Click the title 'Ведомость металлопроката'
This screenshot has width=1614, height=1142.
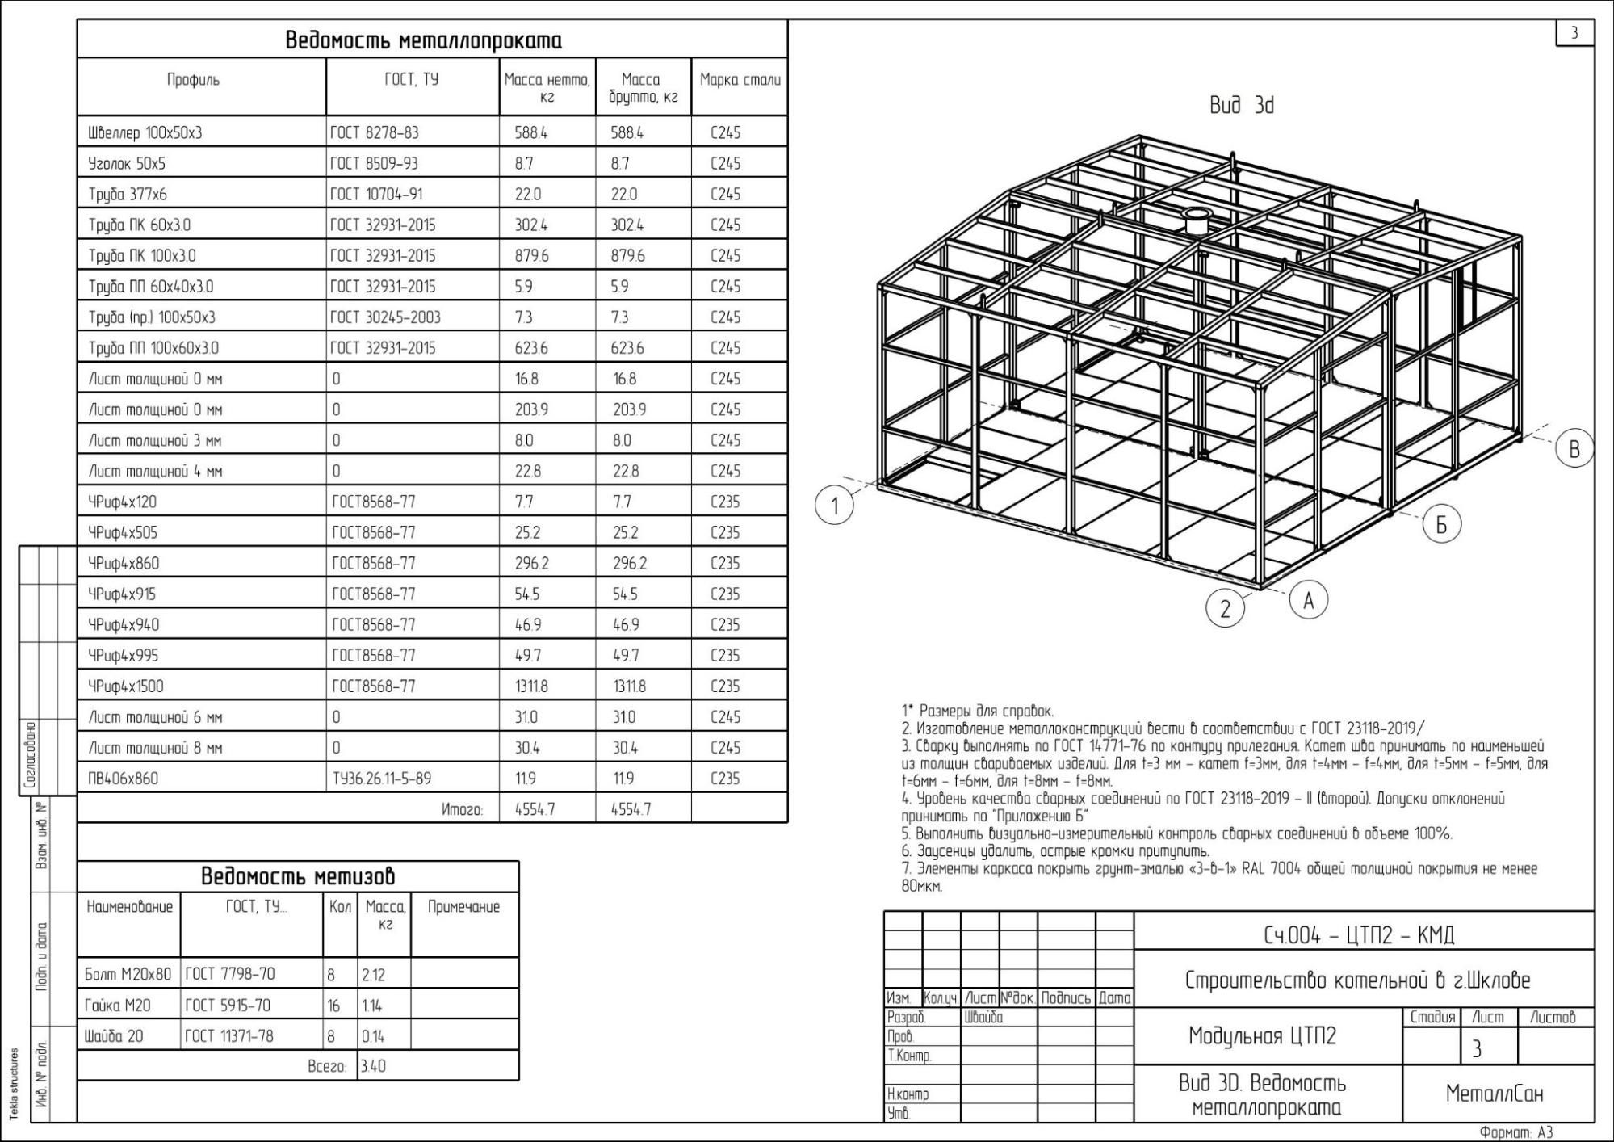click(x=423, y=40)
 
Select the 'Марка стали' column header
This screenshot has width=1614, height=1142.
click(x=740, y=80)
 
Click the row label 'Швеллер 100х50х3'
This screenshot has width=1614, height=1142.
click(x=145, y=132)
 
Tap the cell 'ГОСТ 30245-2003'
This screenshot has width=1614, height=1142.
click(x=385, y=317)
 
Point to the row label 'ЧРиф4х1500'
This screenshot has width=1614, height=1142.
click(x=126, y=686)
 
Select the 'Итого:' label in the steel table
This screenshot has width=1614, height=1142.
click(x=462, y=809)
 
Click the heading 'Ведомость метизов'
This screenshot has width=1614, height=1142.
click(x=297, y=876)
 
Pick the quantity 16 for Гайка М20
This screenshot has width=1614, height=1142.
click(x=333, y=1006)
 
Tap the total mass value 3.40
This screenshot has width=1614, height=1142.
click(x=373, y=1066)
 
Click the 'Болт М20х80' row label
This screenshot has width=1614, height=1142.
click(x=128, y=975)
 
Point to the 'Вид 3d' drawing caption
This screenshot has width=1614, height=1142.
click(x=1241, y=106)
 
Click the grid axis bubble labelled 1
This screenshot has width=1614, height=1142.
click(x=834, y=506)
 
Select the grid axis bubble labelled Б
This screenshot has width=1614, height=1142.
click(x=1441, y=524)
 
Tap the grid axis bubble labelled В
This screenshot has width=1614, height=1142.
click(x=1574, y=449)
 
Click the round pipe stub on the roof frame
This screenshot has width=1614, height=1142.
click(x=1193, y=220)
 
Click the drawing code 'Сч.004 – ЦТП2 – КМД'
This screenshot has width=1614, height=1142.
click(x=1364, y=935)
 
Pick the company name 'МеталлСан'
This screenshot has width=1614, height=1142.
click(x=1494, y=1094)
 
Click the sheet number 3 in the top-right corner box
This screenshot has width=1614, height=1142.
click(x=1574, y=33)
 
